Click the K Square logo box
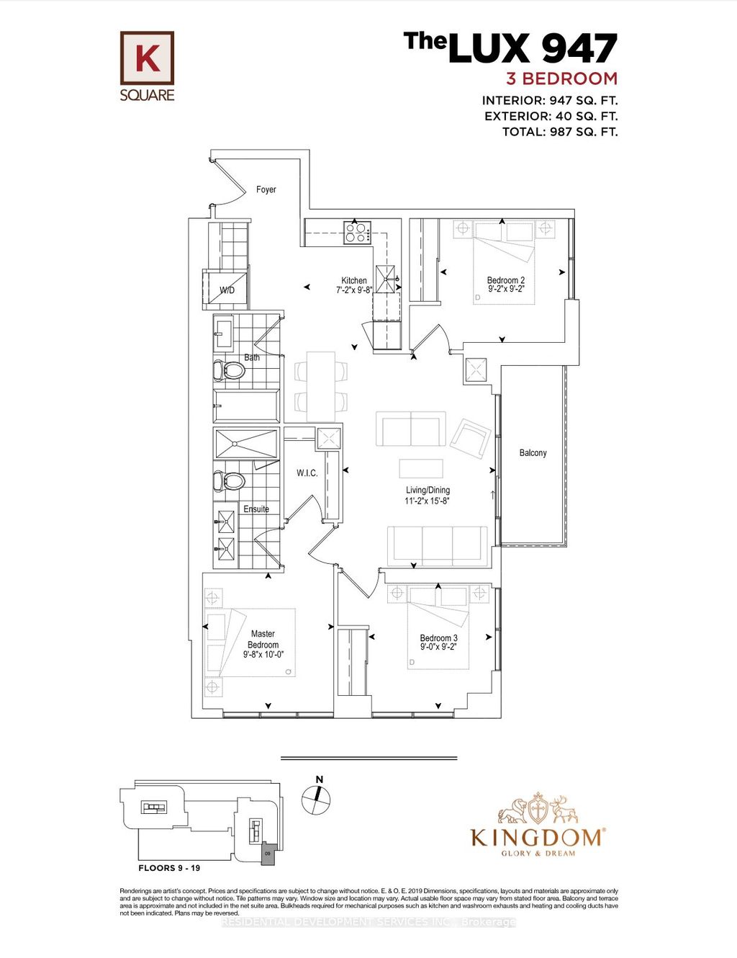tap(147, 57)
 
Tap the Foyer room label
tap(266, 189)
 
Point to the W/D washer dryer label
tap(227, 290)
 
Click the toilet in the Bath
tap(230, 371)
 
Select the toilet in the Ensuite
tap(230, 480)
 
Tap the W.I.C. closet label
tap(307, 473)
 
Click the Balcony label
tap(533, 453)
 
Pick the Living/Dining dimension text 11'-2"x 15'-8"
tap(427, 501)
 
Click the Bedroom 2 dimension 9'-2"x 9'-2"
tap(506, 289)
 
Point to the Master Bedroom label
tap(263, 639)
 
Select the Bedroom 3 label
tap(438, 637)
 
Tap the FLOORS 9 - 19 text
tap(169, 868)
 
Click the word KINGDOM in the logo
tap(537, 837)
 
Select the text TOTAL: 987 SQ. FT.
tap(559, 132)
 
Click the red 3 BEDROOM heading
tap(561, 79)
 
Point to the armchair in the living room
tap(470, 437)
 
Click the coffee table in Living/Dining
tap(422, 468)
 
